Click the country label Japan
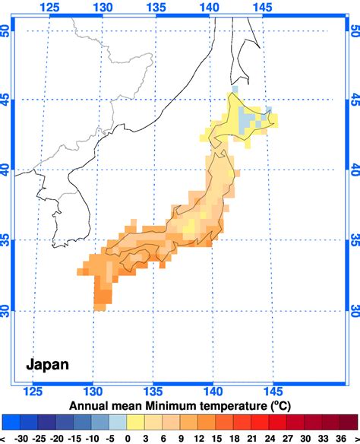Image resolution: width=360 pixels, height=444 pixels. click(48, 364)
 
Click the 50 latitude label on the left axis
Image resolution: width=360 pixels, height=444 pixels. click(7, 31)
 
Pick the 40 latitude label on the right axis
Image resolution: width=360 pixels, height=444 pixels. click(353, 170)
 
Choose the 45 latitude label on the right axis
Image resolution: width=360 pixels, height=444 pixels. click(353, 100)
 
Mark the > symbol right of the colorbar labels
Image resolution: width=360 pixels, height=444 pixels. click(355, 439)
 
